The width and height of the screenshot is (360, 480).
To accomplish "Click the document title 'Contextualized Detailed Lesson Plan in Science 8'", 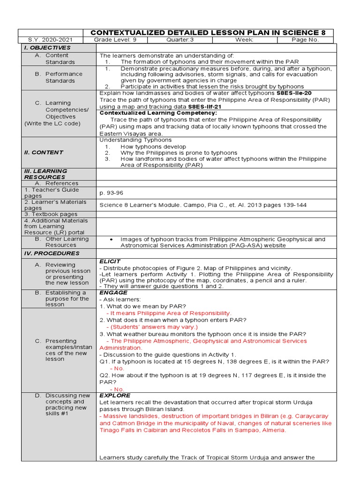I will click(207, 32).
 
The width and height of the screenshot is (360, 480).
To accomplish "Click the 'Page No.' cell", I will click(305, 40).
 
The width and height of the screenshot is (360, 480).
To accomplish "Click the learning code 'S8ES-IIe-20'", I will click(294, 93).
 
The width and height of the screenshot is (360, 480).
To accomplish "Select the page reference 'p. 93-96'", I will click(112, 193).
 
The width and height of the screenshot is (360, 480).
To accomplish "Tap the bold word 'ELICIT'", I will click(110, 261).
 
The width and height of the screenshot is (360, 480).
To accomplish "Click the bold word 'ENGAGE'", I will click(113, 292).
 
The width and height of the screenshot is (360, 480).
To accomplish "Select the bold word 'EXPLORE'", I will click(115, 395).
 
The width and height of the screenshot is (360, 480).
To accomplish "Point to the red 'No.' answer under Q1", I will click(117, 368).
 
